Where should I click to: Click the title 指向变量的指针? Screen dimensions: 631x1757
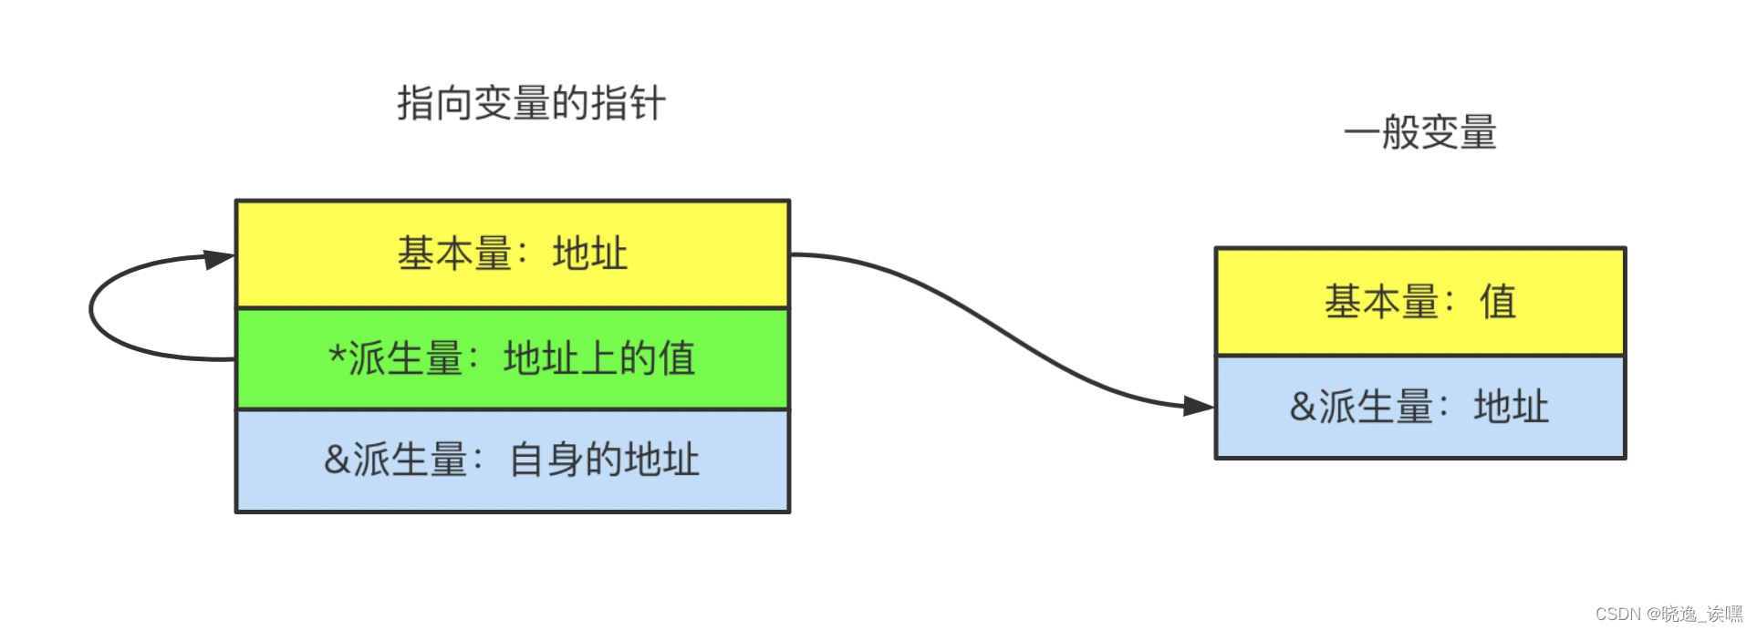531,103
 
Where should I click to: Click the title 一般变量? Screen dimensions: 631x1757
1419,132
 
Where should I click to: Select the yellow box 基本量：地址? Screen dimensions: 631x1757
512,254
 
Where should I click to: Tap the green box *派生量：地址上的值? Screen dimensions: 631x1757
512,358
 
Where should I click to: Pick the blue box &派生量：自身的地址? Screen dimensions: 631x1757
512,460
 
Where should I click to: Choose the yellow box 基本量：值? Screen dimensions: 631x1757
1419,302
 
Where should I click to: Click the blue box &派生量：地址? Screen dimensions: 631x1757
1419,407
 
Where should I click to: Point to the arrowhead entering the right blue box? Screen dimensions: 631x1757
1199,406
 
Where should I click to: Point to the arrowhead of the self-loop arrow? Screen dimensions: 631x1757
219,259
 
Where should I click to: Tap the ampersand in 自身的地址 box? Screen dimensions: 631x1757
337,460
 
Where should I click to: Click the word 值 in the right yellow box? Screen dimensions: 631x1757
1498,302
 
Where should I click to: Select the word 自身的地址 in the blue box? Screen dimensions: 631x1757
604,460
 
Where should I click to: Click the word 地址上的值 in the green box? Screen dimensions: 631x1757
599,358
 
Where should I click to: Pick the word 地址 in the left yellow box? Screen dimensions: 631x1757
590,254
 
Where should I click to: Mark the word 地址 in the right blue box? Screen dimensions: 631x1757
1512,407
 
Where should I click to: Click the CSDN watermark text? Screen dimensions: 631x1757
1669,614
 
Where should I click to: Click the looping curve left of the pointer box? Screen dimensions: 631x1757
91,310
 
